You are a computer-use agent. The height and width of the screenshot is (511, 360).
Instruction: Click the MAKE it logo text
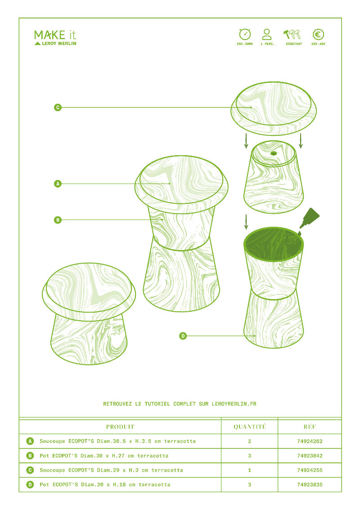[55, 35]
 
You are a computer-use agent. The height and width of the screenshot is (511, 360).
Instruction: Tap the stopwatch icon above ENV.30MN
[245, 34]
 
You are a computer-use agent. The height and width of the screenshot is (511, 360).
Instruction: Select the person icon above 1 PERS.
[267, 34]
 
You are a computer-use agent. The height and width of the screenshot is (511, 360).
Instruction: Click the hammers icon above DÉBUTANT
[292, 34]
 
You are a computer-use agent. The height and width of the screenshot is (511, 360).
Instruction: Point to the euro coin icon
[318, 34]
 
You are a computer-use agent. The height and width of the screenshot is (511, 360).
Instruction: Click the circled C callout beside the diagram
[58, 108]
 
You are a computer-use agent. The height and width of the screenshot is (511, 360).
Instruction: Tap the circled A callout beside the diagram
[58, 184]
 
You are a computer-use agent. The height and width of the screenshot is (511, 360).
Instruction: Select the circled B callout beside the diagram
[58, 220]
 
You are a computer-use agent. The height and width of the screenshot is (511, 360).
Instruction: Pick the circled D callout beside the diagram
[183, 336]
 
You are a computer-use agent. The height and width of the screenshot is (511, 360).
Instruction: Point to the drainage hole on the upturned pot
[274, 153]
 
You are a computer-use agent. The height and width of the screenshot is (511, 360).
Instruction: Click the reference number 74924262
[310, 441]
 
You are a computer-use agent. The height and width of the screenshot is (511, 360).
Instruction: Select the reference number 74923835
[310, 484]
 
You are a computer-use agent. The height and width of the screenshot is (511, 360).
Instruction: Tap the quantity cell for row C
[249, 470]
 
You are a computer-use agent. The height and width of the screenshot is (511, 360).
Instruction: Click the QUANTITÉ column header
[249, 426]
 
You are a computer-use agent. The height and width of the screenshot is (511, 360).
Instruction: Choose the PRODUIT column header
[120, 426]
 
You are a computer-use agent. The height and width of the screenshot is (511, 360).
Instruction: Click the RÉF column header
[310, 426]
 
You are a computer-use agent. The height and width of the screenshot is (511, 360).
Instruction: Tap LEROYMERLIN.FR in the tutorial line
[234, 404]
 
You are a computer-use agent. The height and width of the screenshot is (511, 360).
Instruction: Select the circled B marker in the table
[30, 456]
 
